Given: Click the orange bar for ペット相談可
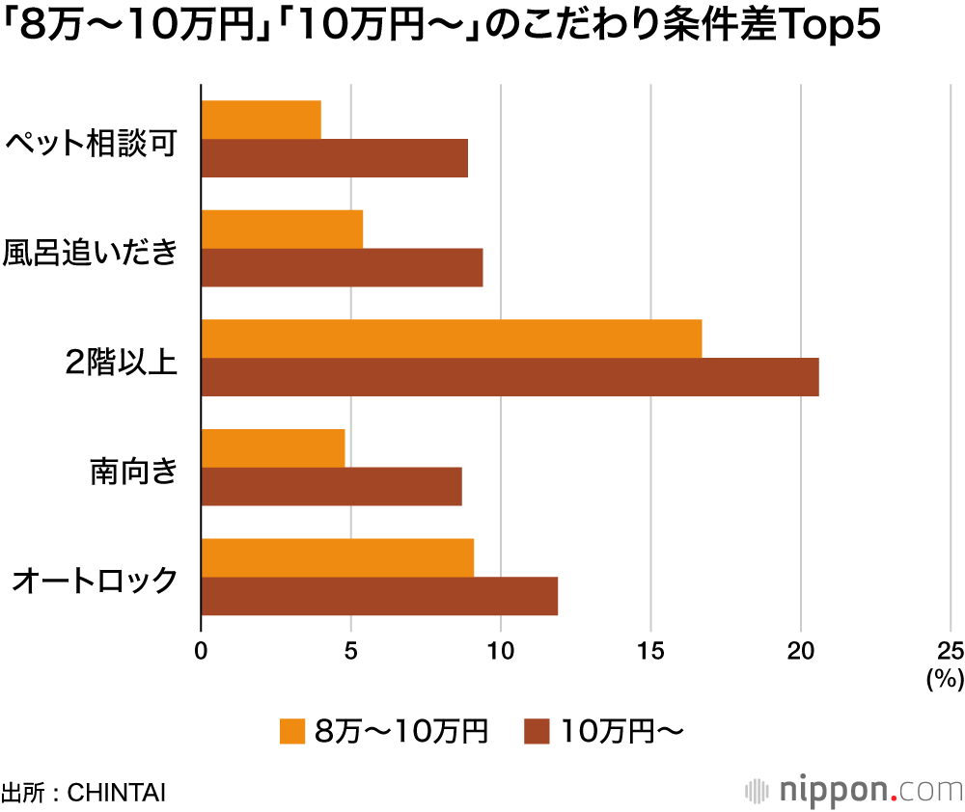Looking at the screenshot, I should tap(261, 120).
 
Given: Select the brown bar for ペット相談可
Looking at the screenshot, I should tap(335, 158).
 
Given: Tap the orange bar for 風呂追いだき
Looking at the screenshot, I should tap(282, 229).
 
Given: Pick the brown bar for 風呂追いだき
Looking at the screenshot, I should tap(342, 267).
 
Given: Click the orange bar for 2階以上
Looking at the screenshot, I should tap(451, 338).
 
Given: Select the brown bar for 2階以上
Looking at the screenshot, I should tap(510, 377).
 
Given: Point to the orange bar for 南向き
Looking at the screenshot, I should tap(272, 447).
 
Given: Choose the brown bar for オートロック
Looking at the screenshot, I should tap(379, 596).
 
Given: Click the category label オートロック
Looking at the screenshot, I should tap(95, 581).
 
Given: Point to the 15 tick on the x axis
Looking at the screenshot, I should tap(650, 651).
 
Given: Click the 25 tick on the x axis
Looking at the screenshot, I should tap(951, 651).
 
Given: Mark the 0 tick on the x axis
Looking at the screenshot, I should tap(201, 651).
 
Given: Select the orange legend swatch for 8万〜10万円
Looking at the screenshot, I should tap(292, 732).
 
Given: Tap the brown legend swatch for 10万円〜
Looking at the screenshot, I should tap(537, 732).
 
